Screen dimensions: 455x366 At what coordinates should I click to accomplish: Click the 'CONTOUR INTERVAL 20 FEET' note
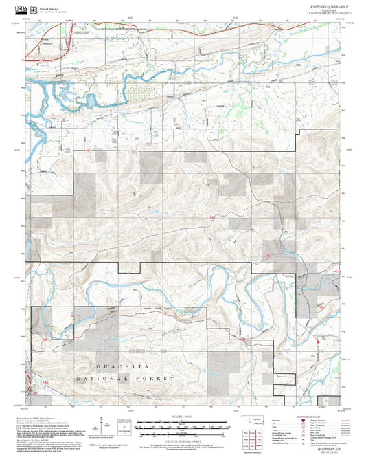click(x=183, y=441)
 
